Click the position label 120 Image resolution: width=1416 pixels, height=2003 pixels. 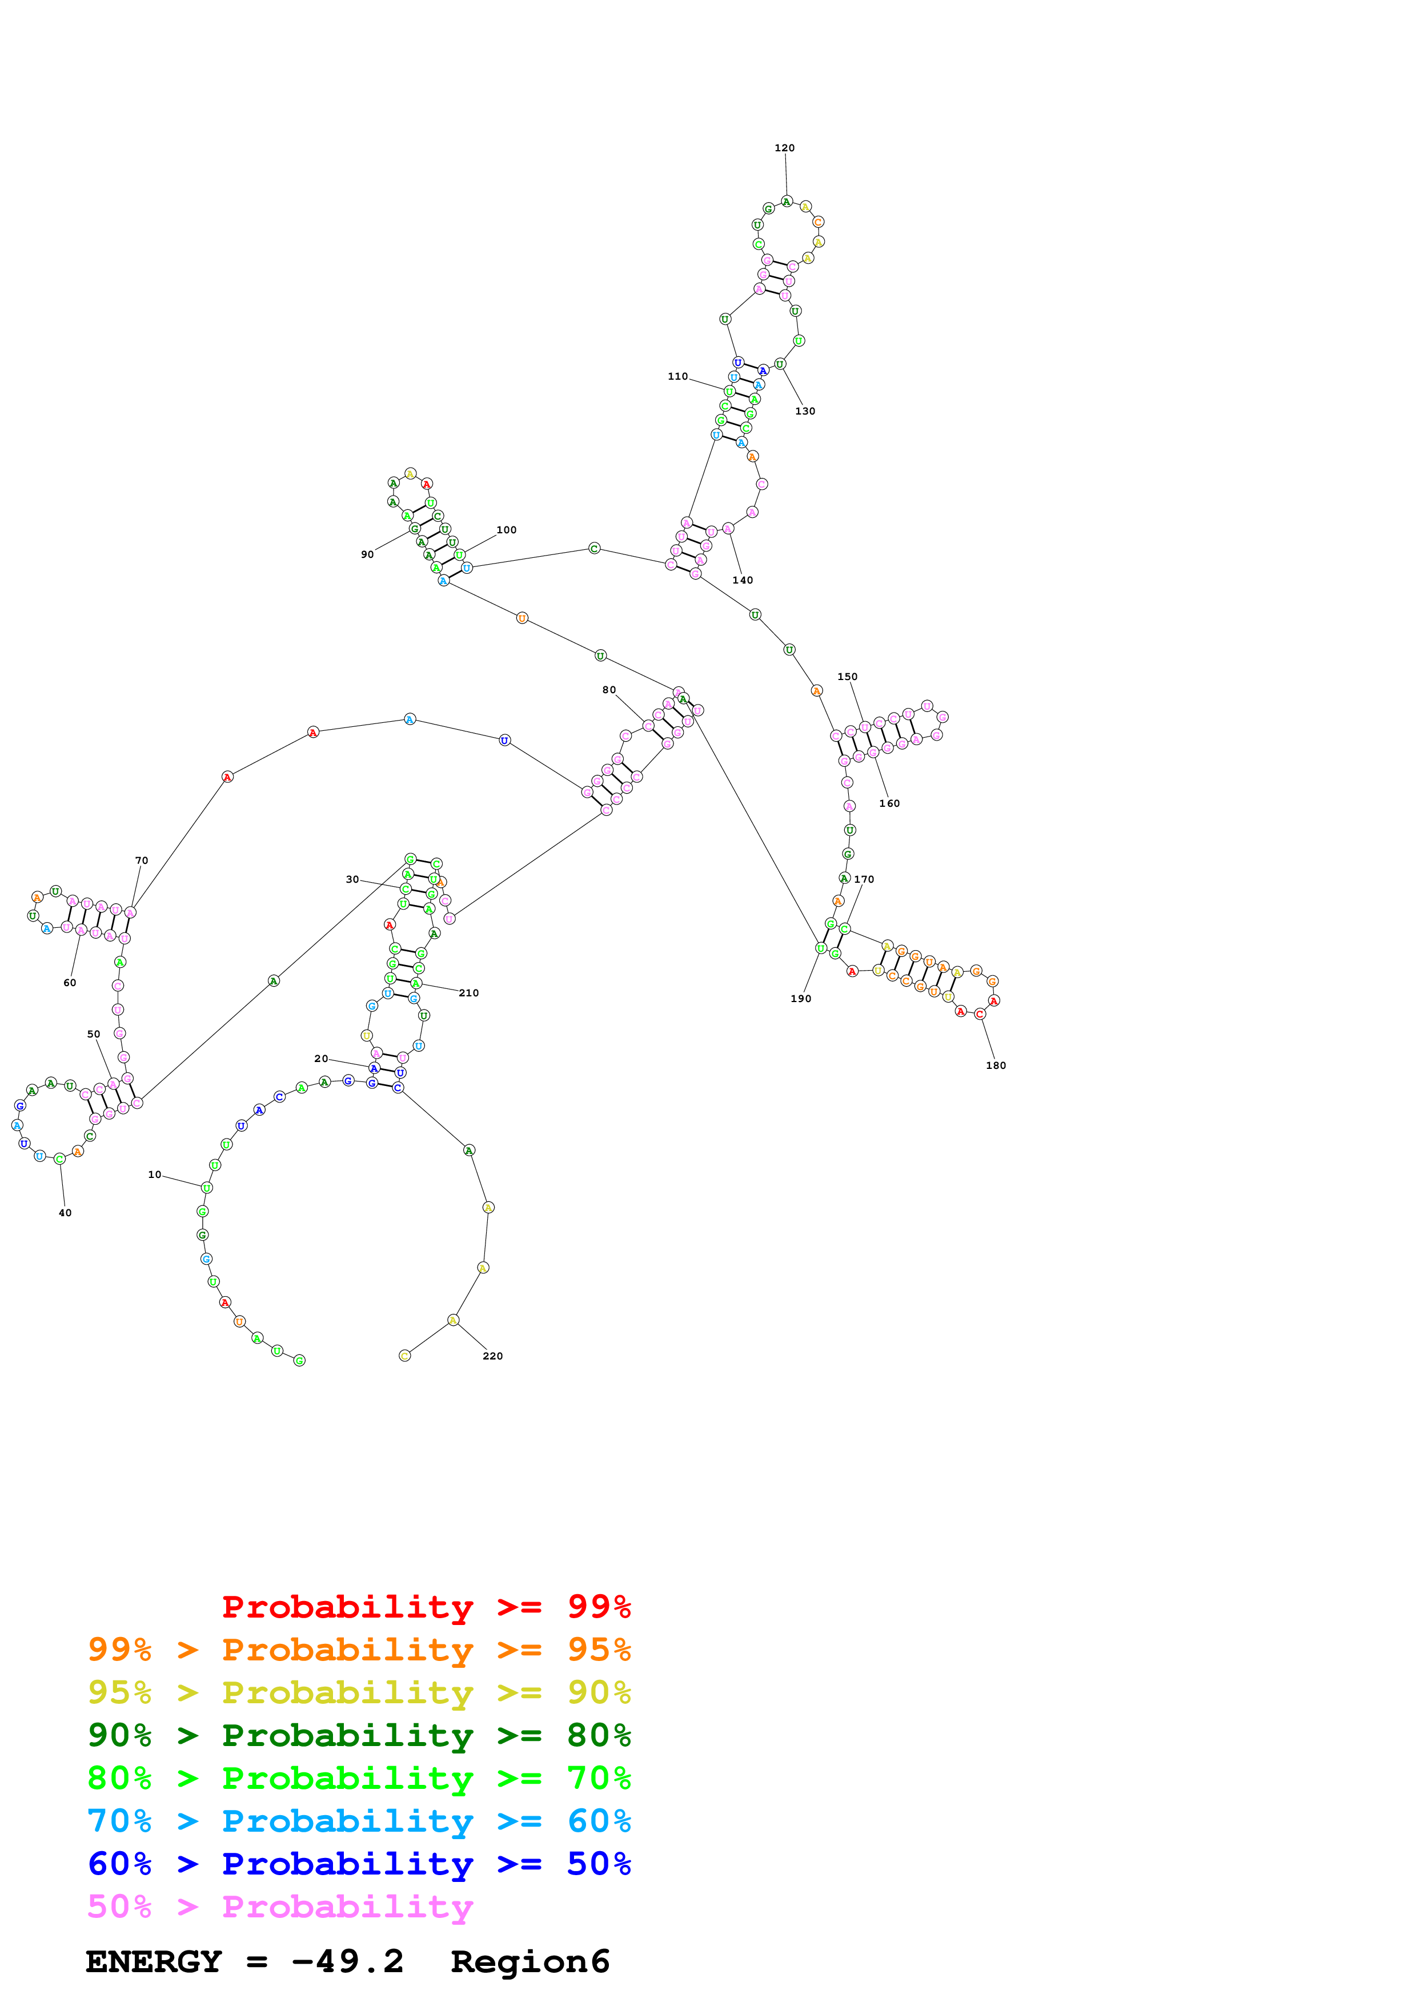click(x=784, y=148)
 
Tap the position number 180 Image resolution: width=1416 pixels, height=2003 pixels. click(x=996, y=1065)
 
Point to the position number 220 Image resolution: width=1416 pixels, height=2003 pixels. click(x=492, y=1356)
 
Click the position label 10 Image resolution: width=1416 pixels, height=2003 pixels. click(x=154, y=1175)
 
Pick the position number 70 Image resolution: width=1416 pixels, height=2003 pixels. click(x=141, y=860)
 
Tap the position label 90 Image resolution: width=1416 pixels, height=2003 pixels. click(x=367, y=554)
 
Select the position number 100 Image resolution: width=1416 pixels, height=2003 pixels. click(x=506, y=529)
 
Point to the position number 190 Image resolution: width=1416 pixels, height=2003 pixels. click(x=801, y=999)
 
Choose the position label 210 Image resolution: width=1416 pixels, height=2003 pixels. click(x=468, y=993)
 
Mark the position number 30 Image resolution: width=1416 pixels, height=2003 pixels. click(x=352, y=879)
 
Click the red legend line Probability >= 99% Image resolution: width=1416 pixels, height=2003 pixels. click(x=426, y=1607)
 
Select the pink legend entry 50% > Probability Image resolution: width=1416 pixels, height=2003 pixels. click(x=280, y=1907)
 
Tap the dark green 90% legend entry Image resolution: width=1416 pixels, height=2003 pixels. click(x=359, y=1735)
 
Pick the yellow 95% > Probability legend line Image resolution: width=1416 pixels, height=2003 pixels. click(x=359, y=1692)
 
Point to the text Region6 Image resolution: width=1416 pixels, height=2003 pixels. click(x=530, y=1962)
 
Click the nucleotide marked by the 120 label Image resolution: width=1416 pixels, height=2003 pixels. click(x=786, y=202)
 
